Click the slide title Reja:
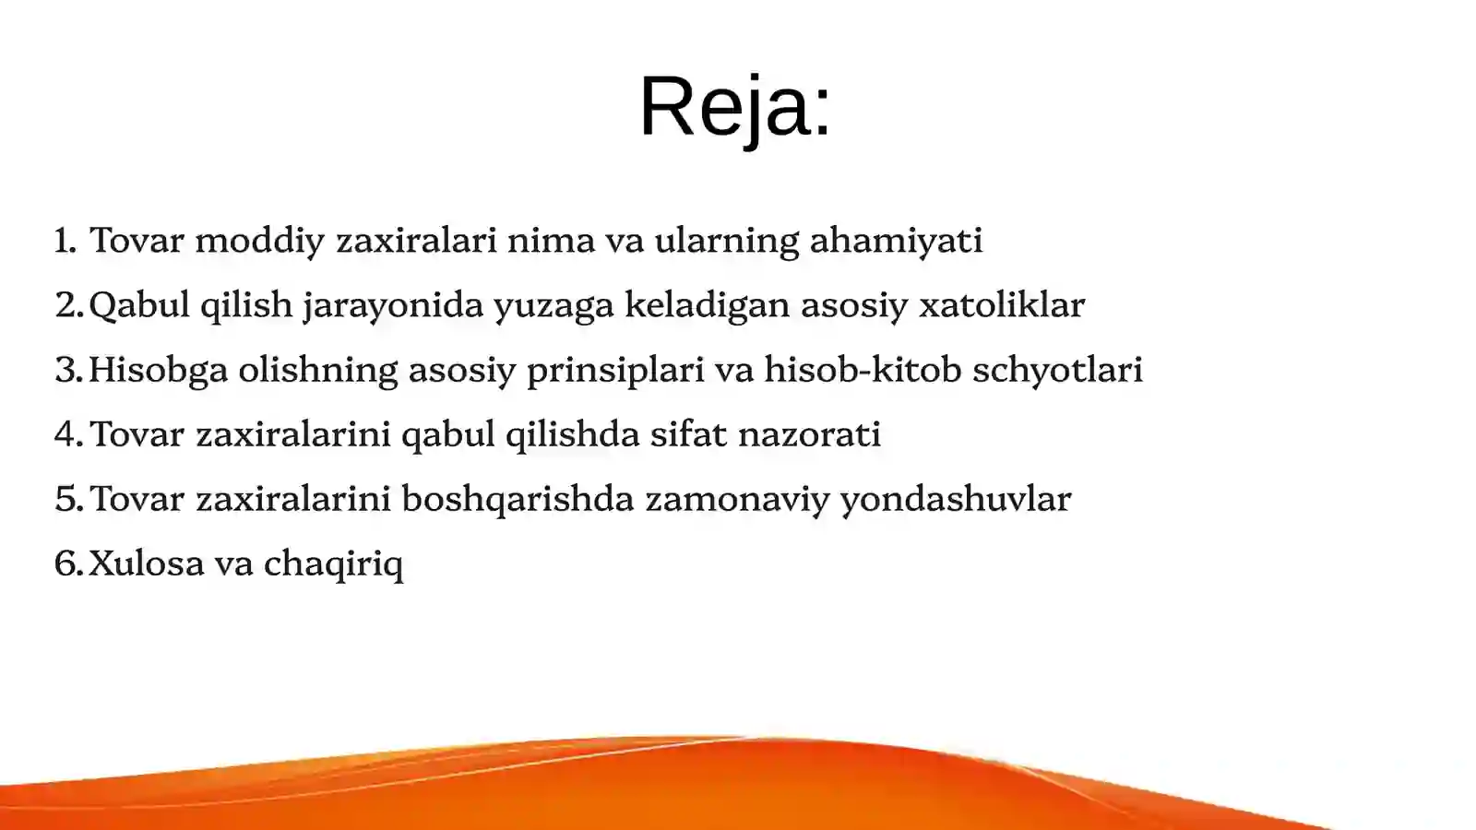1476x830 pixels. [734, 106]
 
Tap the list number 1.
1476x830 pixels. [65, 241]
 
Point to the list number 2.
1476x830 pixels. [68, 305]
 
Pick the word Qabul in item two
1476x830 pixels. [138, 305]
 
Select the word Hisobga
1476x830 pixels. [158, 371]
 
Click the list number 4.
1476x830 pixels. [68, 434]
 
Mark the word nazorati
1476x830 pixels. [810, 434]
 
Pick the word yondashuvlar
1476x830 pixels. [955, 500]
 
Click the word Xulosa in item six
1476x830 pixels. [146, 563]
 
